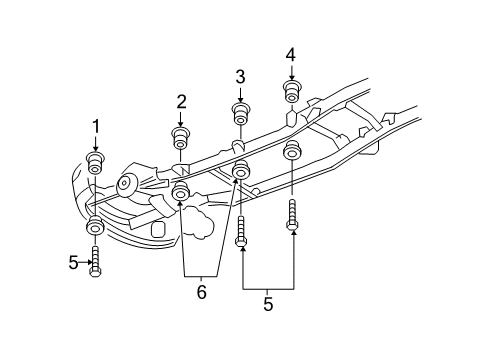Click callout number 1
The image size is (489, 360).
(x=96, y=126)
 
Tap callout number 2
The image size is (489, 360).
(x=181, y=100)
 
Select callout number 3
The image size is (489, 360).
(x=240, y=76)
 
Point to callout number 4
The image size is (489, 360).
(x=291, y=54)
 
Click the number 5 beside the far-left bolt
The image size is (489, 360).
(x=73, y=262)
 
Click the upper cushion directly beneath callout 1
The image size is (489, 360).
(x=96, y=161)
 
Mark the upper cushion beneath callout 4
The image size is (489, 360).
(x=292, y=93)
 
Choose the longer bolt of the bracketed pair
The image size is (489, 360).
(x=292, y=215)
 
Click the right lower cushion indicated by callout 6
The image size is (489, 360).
(x=240, y=171)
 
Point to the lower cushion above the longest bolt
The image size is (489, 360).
(x=293, y=152)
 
